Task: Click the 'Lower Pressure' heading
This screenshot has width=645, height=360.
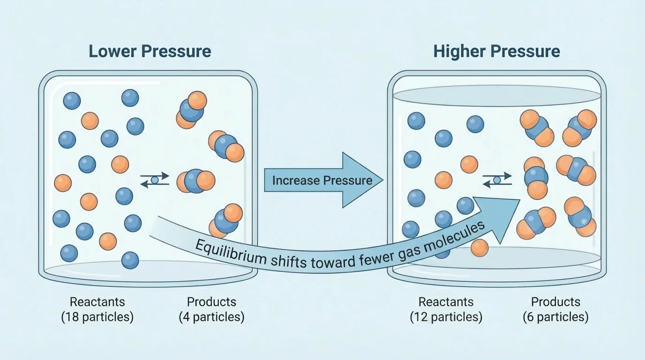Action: tap(150, 51)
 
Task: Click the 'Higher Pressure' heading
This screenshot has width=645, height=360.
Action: tap(496, 51)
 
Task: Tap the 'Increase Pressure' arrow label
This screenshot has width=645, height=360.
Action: tap(322, 180)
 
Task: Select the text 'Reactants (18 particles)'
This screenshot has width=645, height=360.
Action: tap(97, 309)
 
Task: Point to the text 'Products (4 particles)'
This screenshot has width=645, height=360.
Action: tap(211, 309)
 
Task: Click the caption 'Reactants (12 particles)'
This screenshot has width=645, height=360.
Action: tap(446, 309)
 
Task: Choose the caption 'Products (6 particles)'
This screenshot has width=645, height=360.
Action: tap(555, 309)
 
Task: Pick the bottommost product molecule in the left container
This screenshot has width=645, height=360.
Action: tap(227, 221)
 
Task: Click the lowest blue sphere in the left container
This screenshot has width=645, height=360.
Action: tap(130, 260)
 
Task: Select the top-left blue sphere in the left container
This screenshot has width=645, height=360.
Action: tap(72, 101)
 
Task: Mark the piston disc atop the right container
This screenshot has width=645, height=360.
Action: tap(496, 95)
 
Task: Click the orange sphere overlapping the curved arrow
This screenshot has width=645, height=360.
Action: tap(479, 248)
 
